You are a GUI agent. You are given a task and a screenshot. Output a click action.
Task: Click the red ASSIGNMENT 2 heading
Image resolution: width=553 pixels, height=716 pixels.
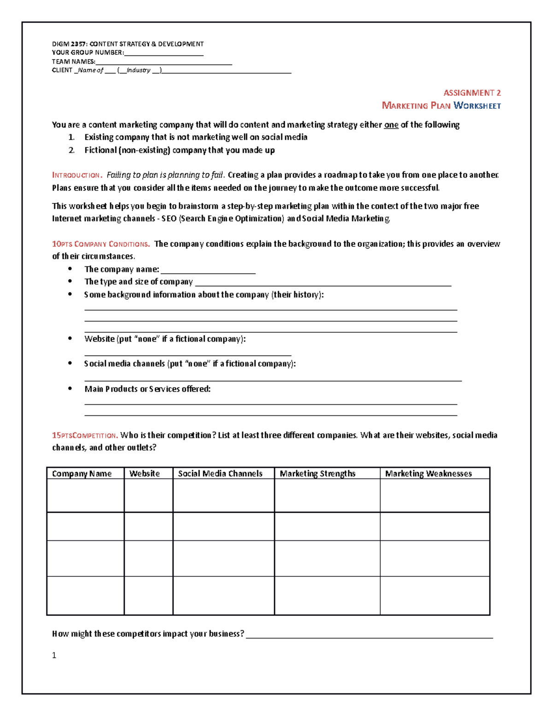point(472,93)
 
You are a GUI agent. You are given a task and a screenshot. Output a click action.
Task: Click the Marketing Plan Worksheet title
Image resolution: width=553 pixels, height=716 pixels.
point(441,106)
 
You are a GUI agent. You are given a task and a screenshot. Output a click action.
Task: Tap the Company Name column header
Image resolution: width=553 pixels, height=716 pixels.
point(82,473)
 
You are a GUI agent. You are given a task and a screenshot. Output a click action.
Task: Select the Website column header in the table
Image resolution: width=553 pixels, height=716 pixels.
point(144,473)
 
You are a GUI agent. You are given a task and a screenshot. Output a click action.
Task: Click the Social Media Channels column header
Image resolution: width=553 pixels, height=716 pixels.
point(220,473)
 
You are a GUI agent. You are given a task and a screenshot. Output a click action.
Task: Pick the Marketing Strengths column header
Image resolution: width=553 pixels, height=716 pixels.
point(318,473)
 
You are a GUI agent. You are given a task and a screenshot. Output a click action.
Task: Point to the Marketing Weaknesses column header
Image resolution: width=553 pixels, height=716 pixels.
point(428,473)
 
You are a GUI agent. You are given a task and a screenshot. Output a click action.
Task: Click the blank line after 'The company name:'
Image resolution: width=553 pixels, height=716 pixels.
point(208,272)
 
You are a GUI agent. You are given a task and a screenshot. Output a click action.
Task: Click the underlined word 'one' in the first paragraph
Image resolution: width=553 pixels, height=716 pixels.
point(391,125)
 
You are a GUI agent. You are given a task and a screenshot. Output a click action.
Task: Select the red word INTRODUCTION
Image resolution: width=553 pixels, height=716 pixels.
point(76,175)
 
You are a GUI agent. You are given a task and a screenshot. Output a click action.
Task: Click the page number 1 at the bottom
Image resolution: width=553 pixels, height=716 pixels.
point(54,655)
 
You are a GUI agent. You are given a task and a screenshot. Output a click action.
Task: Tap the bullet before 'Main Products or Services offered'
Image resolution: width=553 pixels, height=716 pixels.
point(70,389)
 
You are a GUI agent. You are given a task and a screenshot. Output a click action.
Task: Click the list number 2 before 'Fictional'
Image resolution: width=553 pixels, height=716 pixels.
point(71,150)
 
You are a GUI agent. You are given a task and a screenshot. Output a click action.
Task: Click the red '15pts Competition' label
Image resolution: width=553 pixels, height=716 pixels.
point(85,435)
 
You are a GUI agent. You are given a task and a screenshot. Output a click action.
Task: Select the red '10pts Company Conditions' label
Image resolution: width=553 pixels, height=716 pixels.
point(100,244)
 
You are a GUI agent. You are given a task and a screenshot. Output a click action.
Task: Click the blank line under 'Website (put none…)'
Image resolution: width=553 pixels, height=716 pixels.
point(188,355)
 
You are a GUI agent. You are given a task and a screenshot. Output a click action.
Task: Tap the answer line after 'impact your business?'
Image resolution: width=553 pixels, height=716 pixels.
point(369,637)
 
